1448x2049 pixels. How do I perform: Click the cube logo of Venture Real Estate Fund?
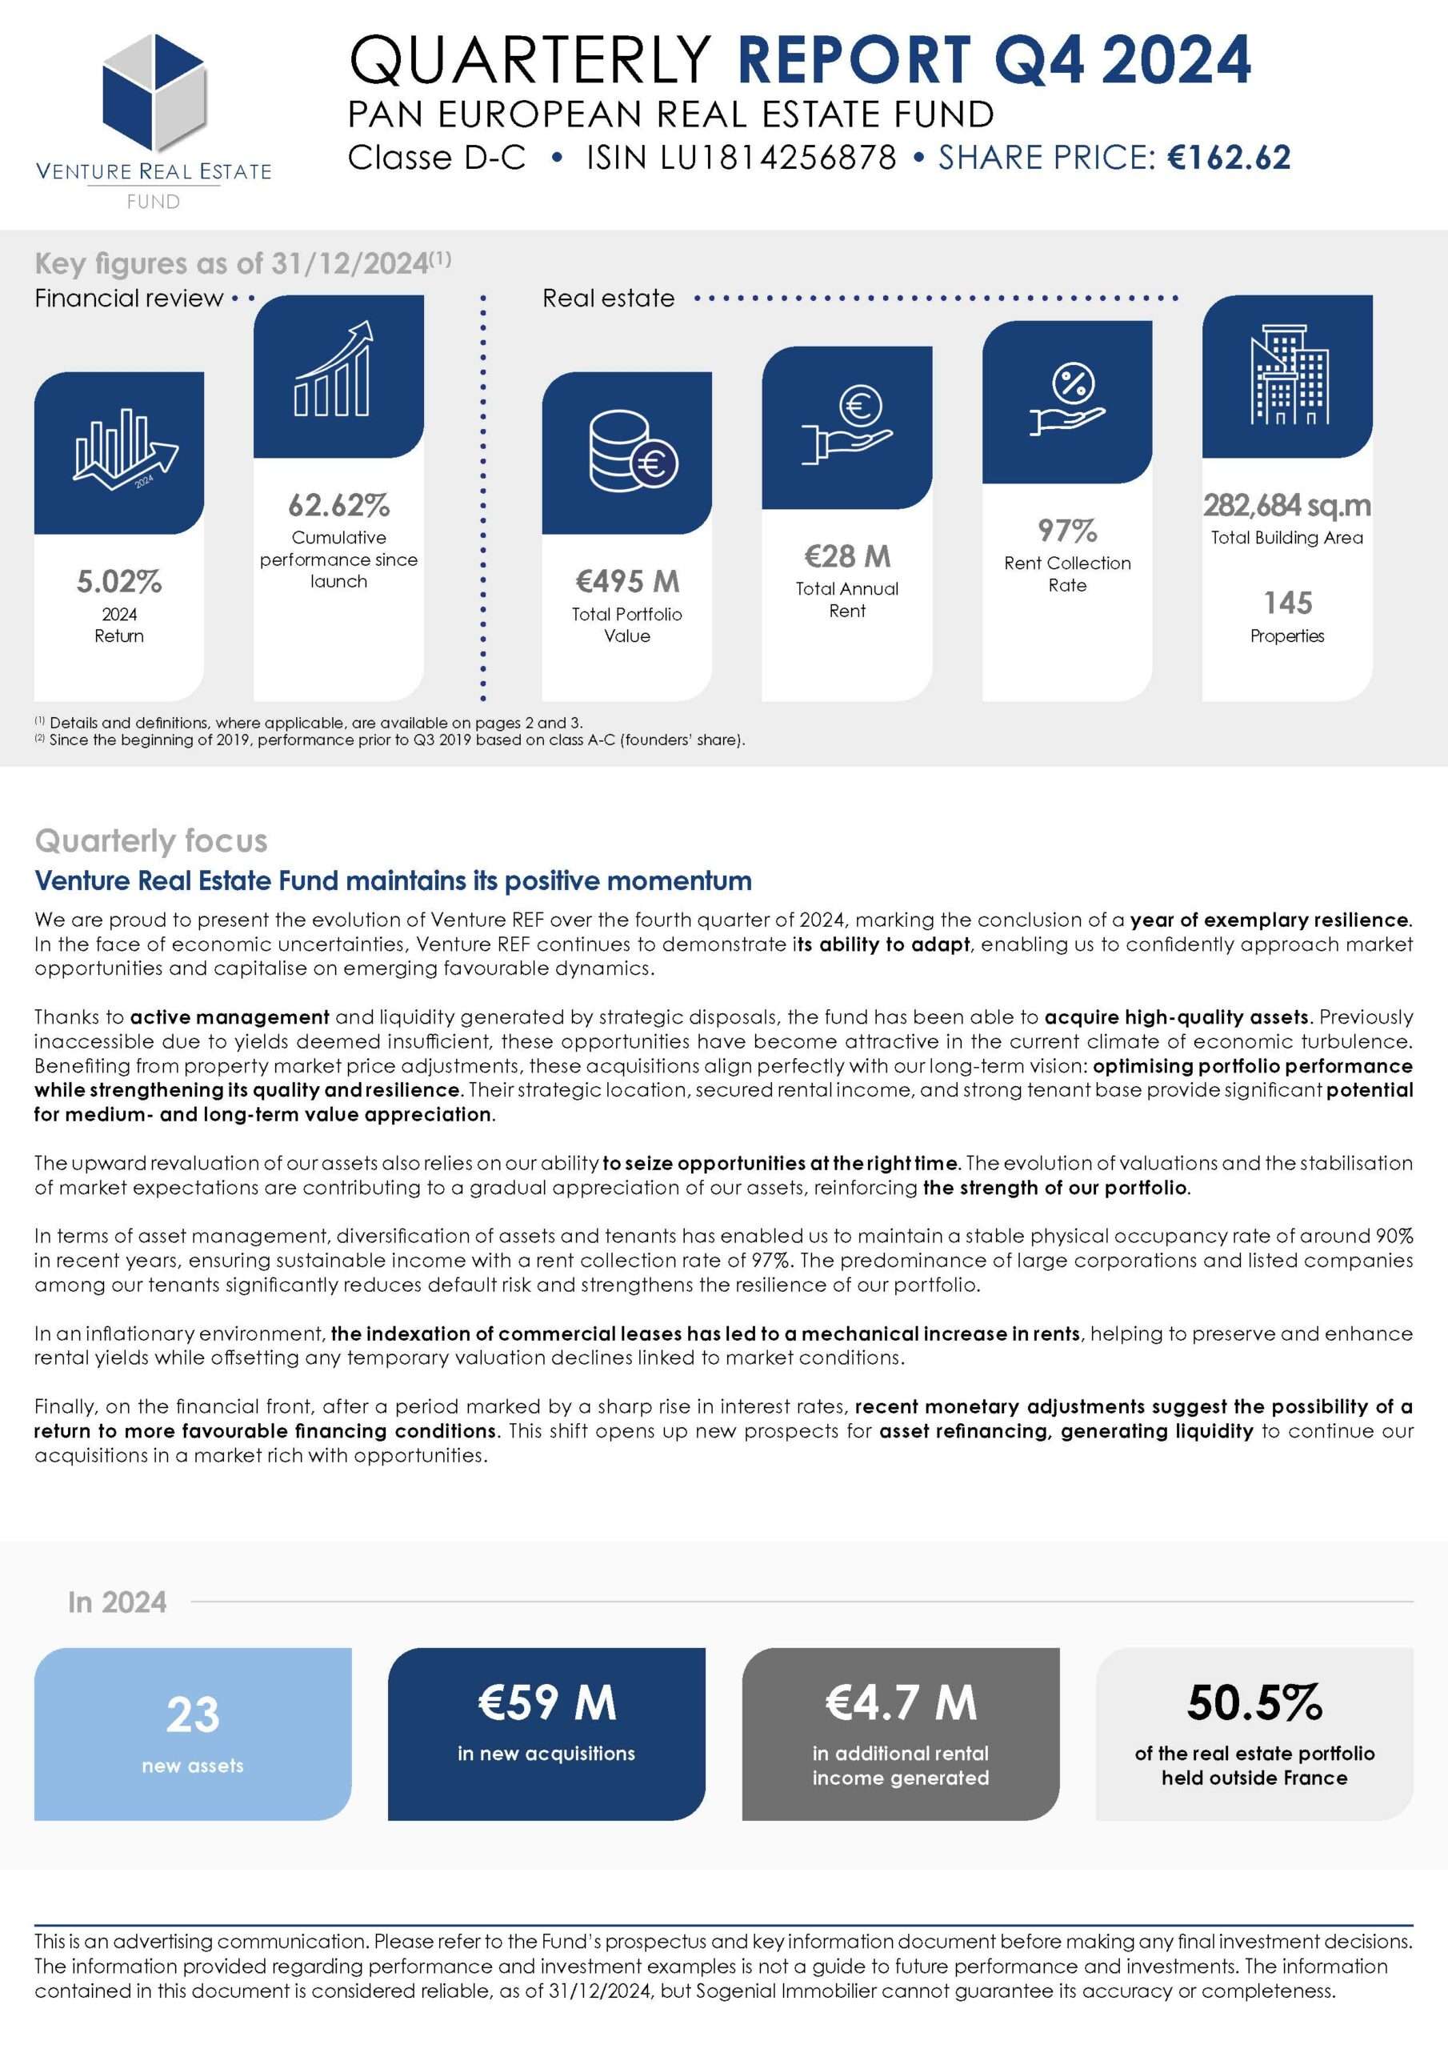[154, 92]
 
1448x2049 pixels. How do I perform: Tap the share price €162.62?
[1229, 158]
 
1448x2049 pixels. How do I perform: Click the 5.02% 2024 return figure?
[118, 582]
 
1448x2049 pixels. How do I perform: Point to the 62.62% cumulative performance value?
[338, 506]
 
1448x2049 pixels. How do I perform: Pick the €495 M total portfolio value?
[627, 582]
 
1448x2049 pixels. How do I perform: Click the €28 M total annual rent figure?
[846, 557]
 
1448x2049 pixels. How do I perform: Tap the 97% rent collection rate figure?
[1067, 531]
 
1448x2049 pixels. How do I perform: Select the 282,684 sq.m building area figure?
[1286, 506]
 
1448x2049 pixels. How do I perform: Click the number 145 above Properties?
[1287, 603]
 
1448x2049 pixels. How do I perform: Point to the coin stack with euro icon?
[633, 451]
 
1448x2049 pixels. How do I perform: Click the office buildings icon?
[1287, 375]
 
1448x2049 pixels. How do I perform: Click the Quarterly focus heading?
[150, 840]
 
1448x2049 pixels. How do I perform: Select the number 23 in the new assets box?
[193, 1714]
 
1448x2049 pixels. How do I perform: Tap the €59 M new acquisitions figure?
[546, 1702]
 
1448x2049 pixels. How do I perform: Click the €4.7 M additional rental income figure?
[900, 1702]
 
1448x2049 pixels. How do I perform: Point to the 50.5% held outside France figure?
[1254, 1702]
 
